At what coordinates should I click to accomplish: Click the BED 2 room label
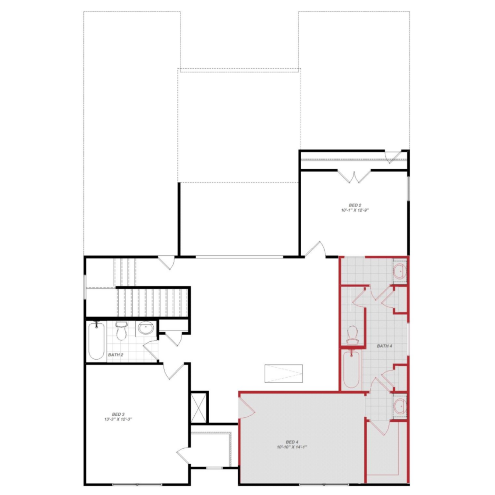pyautogui.click(x=355, y=205)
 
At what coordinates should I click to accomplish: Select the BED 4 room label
pyautogui.click(x=292, y=442)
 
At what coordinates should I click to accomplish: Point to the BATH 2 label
pyautogui.click(x=115, y=355)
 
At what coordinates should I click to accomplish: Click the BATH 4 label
pyautogui.click(x=384, y=346)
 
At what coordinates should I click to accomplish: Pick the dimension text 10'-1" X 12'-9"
pyautogui.click(x=355, y=210)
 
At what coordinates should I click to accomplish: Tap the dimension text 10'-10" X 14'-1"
pyautogui.click(x=292, y=447)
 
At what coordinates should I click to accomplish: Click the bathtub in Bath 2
pyautogui.click(x=96, y=341)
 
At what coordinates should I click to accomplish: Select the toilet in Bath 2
pyautogui.click(x=121, y=331)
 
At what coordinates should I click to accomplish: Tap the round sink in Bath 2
pyautogui.click(x=146, y=328)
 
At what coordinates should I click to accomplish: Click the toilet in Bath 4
pyautogui.click(x=352, y=335)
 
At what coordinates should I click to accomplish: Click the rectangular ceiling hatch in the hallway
pyautogui.click(x=283, y=373)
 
